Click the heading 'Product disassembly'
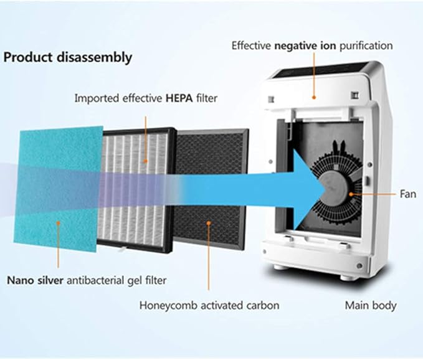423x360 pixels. pyautogui.click(x=68, y=57)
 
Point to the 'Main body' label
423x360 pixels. pyautogui.click(x=371, y=306)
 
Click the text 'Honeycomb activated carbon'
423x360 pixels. pyautogui.click(x=209, y=306)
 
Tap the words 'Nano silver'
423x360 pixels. pyautogui.click(x=34, y=280)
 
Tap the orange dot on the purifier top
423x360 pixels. pyautogui.click(x=314, y=97)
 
